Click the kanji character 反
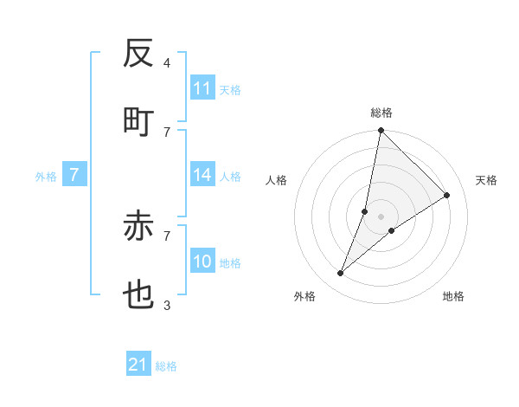click(x=138, y=54)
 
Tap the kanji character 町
click(x=138, y=122)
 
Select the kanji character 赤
click(x=138, y=226)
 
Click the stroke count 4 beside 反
click(x=167, y=63)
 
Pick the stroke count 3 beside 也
click(x=167, y=305)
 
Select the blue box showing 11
click(x=202, y=88)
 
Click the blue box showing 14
click(x=202, y=175)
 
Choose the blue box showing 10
click(x=202, y=262)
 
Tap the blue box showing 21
click(x=138, y=365)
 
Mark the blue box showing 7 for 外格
click(x=74, y=175)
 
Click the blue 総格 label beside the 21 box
click(x=166, y=366)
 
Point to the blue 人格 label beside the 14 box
click(x=230, y=177)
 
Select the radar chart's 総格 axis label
click(x=381, y=113)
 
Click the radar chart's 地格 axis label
click(x=453, y=296)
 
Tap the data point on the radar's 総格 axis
click(x=381, y=131)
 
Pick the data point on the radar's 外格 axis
click(x=341, y=274)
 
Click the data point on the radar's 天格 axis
click(x=447, y=196)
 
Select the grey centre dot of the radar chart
click(x=381, y=216)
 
